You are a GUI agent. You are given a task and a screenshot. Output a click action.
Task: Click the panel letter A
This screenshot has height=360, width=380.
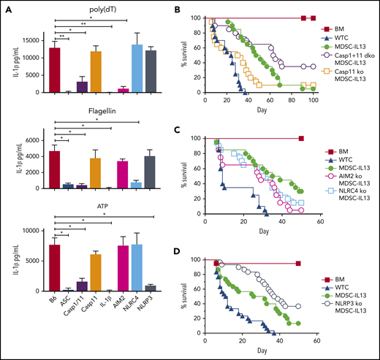click(7, 9)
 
